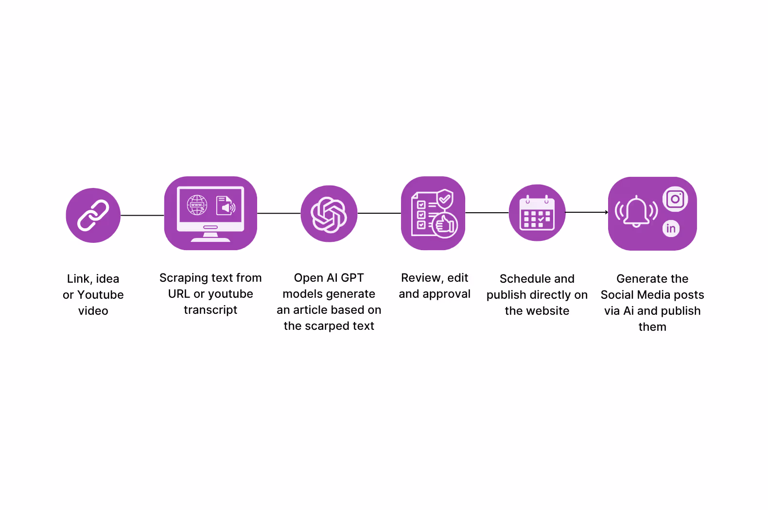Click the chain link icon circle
click(x=93, y=215)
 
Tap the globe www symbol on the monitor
click(x=197, y=205)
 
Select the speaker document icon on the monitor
click(x=226, y=205)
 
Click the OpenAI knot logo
click(x=329, y=214)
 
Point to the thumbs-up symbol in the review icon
click(x=445, y=225)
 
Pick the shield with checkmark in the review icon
click(x=445, y=199)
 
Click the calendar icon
click(x=537, y=213)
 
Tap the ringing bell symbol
click(x=636, y=211)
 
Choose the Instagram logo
click(x=675, y=199)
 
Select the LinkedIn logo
click(x=671, y=228)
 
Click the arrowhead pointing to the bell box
click(x=606, y=212)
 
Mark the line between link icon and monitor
click(x=142, y=215)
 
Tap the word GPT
click(x=352, y=278)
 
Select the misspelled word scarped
click(x=328, y=326)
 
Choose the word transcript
click(x=210, y=310)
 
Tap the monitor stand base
click(x=210, y=238)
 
